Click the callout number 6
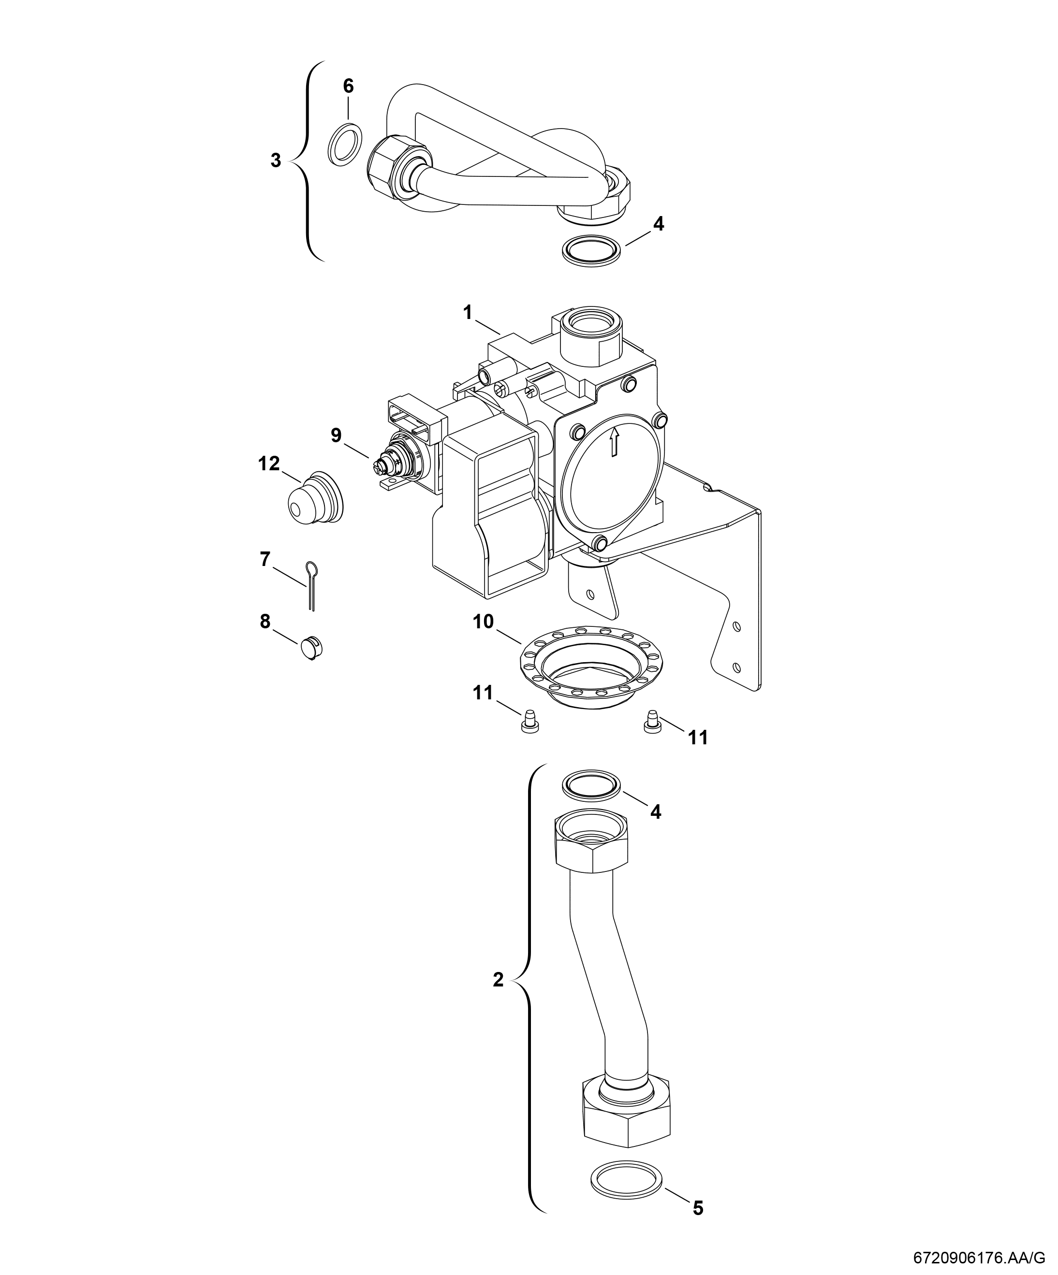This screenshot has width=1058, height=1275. point(348,86)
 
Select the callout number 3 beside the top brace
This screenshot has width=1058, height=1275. point(276,161)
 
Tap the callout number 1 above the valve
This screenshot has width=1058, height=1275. point(467,313)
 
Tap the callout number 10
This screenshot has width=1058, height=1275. point(484,622)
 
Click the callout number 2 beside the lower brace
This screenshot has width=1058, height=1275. point(498,979)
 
